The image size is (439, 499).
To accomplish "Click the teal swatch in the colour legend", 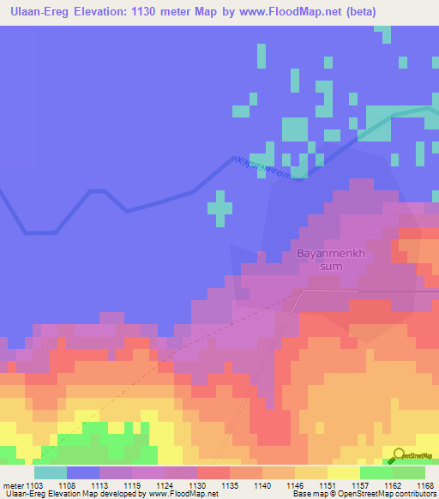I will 51,472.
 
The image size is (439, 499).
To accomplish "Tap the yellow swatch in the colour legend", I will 343,472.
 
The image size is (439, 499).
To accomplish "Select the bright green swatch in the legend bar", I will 376,472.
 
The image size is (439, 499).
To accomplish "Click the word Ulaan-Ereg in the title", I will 40,12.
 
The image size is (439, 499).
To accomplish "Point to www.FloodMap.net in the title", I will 291,12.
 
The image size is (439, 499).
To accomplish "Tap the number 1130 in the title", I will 152,12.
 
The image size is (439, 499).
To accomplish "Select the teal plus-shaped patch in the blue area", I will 220,207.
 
